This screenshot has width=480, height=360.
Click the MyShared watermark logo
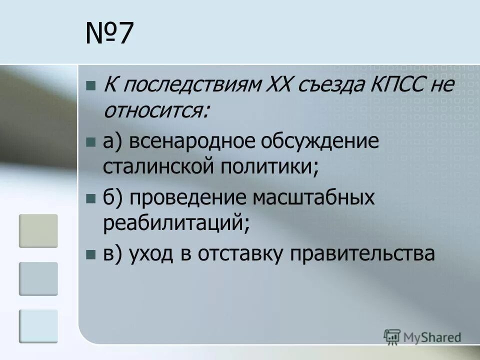[422, 337]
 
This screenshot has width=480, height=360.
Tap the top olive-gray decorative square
[38, 231]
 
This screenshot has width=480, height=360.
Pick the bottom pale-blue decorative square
[38, 326]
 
